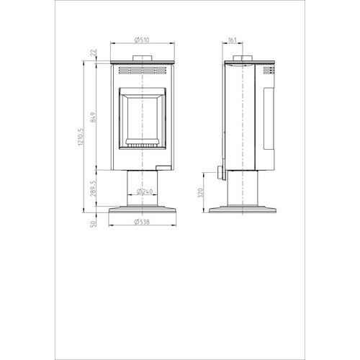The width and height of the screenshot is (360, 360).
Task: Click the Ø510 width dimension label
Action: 142,40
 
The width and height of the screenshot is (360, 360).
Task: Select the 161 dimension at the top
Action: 232,40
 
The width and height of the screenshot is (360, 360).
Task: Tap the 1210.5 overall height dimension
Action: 81,137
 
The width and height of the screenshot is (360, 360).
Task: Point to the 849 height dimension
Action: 94,117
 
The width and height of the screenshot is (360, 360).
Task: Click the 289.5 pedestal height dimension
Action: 94,189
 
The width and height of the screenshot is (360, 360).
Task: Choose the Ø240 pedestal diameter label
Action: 145,192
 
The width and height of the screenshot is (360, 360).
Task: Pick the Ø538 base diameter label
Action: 142,222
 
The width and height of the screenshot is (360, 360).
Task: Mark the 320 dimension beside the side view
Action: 201,192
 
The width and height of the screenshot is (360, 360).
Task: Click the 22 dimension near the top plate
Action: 94,53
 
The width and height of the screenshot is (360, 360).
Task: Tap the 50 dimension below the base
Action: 94,223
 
